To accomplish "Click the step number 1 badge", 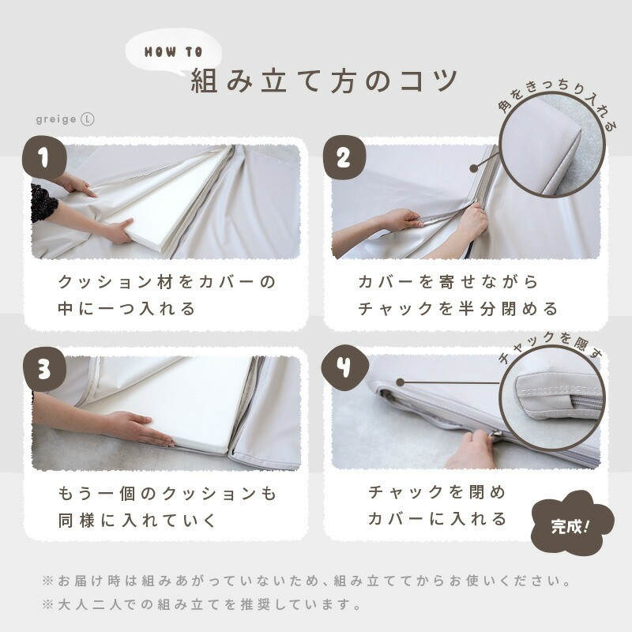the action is point(44,157).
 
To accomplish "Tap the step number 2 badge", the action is point(344,157).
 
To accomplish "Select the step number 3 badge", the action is point(44,369).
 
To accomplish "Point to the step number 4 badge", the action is point(344,367).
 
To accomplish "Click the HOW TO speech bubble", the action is point(174,52).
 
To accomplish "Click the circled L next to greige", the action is point(88,119).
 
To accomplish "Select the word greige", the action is point(56,120).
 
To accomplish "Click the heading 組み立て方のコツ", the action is point(325,81).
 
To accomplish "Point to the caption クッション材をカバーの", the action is point(167,282).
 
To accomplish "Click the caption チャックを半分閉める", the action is point(458,309).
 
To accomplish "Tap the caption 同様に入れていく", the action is point(137,521).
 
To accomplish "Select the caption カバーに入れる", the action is point(438,518).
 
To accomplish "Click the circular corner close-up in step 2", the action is point(552,145).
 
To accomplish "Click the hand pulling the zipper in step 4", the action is point(472,450).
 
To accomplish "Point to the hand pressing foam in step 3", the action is point(137,427).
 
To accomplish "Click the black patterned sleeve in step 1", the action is point(43,204).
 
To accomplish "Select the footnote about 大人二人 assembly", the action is point(201,604).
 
